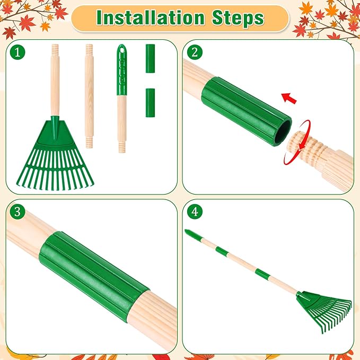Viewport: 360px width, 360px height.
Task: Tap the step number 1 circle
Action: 19,52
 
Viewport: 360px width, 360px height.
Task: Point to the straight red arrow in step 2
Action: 289,98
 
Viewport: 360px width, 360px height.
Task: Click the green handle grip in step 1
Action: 122,69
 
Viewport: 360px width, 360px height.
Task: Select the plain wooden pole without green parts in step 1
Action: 89,95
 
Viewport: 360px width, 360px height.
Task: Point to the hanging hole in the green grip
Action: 122,49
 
